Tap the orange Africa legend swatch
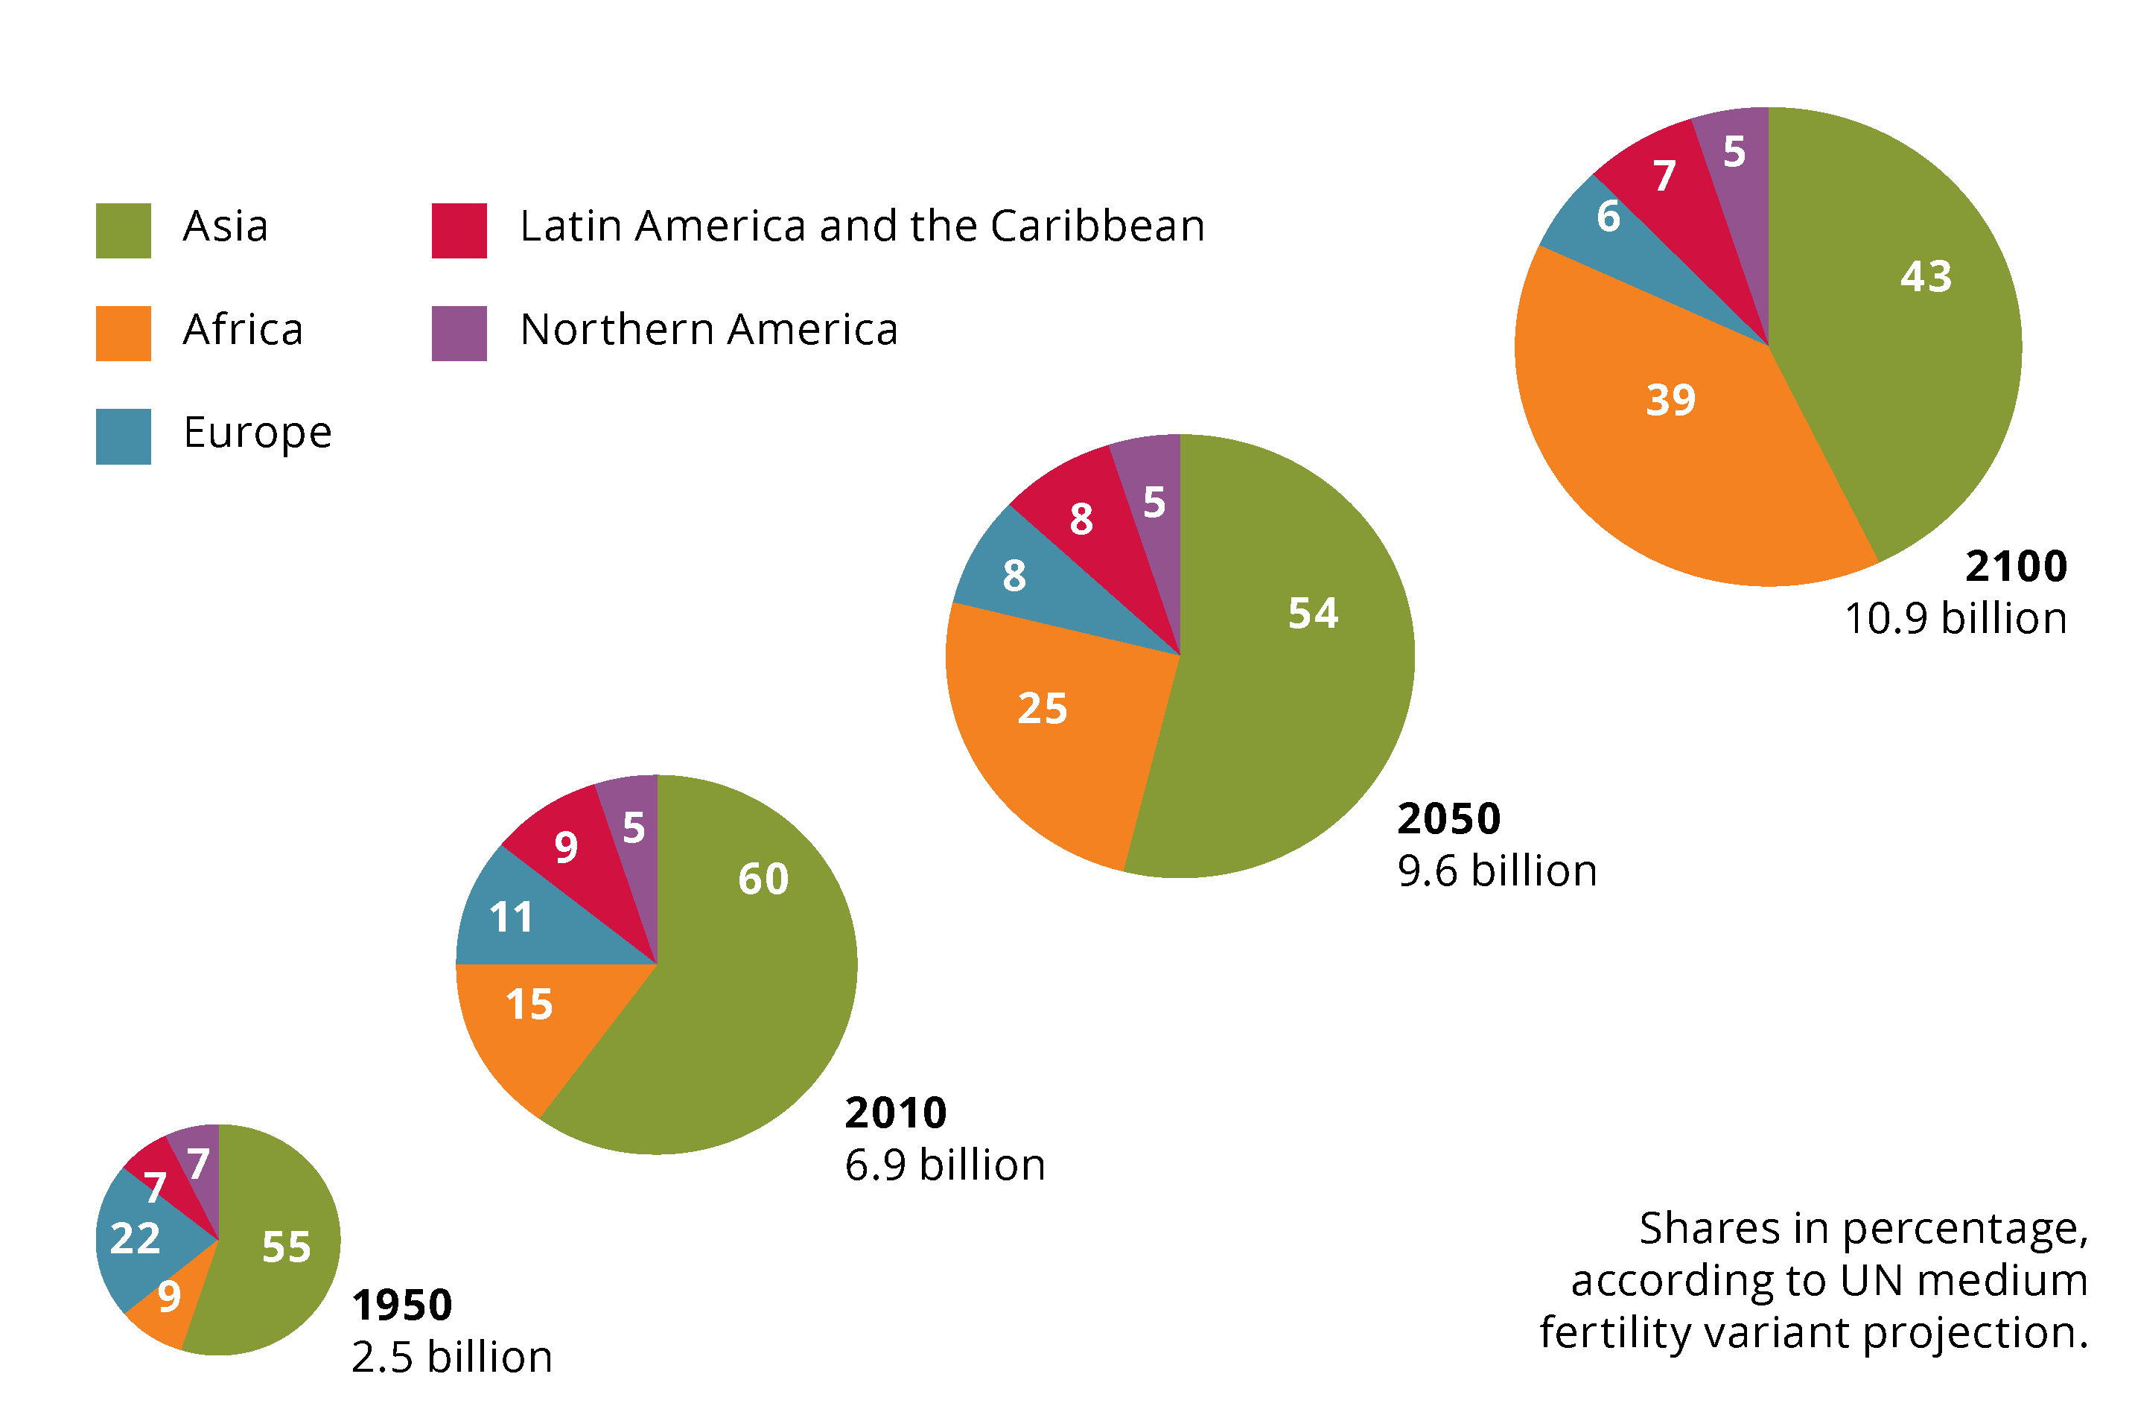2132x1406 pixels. [x=123, y=334]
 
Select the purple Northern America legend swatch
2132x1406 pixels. [x=459, y=334]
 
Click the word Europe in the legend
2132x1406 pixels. [x=258, y=433]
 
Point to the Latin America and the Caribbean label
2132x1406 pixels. [x=862, y=226]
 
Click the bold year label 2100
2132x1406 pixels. [x=2015, y=567]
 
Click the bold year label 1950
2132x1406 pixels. [x=401, y=1305]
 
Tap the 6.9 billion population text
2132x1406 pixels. [x=944, y=1165]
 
